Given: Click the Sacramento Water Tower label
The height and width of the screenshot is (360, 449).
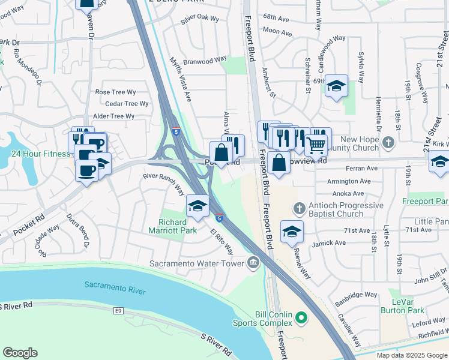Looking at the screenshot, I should [197, 263].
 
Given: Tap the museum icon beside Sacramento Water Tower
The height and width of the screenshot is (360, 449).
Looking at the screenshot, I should [253, 262].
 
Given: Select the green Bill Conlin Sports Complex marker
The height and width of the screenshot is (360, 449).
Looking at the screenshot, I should [303, 317].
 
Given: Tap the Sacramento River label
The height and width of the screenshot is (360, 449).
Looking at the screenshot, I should [115, 287].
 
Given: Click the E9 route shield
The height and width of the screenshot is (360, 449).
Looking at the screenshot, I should [119, 311].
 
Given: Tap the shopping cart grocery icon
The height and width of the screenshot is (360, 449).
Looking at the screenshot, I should [316, 145].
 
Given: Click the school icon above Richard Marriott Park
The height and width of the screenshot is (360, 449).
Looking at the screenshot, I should [197, 206].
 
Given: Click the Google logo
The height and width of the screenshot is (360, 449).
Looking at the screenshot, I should [20, 353].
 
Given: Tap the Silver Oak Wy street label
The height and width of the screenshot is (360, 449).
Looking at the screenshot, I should [200, 19].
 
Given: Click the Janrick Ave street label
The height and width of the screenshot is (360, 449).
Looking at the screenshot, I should [328, 243].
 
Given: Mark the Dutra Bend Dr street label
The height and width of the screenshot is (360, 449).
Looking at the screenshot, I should [78, 231].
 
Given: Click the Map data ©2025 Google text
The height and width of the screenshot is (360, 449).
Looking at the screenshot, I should [412, 355].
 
